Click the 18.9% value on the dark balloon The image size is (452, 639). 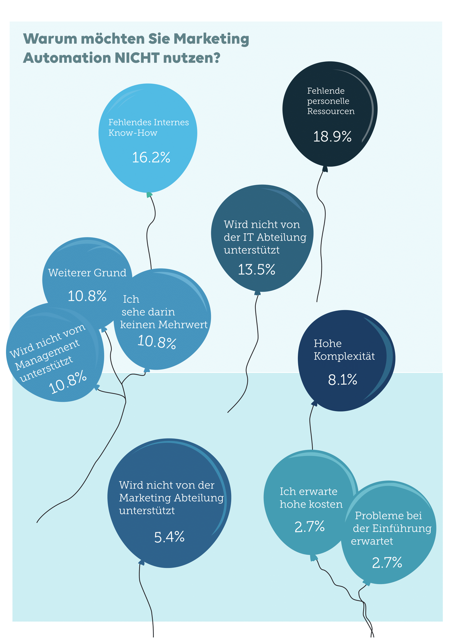coord(332,137)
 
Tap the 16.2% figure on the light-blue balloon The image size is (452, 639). coord(151,158)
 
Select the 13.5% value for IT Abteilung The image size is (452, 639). coord(256,270)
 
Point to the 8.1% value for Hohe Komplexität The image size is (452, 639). coord(342,380)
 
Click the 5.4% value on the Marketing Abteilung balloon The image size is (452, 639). coord(169,537)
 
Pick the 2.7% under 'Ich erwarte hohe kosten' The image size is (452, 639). coord(310,526)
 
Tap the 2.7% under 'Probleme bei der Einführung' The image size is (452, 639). coord(387,563)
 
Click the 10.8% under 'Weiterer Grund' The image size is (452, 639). coord(87,296)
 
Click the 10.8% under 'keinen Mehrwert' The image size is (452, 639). coord(157,342)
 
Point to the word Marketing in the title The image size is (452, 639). coord(211,39)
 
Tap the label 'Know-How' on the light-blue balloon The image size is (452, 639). coord(133,133)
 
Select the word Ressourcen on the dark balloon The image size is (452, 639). coord(331,111)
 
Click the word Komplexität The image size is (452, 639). coord(344,356)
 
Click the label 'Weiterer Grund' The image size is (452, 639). coord(87,273)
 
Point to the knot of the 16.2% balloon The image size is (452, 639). coord(149,195)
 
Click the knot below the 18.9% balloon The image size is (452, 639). coord(325,169)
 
